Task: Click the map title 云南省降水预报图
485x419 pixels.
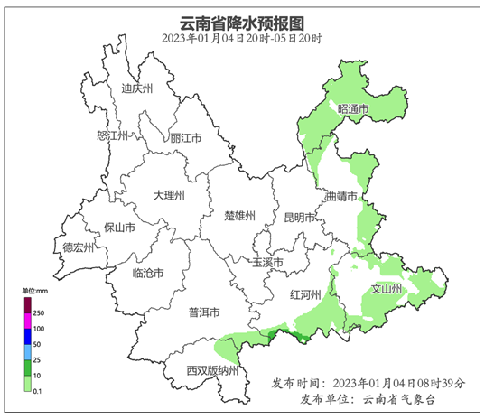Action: (242, 23)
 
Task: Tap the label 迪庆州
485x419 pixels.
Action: (137, 88)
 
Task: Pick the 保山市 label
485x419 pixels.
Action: (119, 228)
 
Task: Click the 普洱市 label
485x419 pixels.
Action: (204, 312)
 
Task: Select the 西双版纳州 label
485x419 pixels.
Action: (212, 370)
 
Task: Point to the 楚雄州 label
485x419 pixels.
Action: (240, 216)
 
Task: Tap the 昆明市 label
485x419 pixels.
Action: (299, 218)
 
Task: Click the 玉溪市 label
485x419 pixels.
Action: (267, 262)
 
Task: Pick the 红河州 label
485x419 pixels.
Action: (306, 294)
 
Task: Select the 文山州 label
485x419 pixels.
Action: (387, 289)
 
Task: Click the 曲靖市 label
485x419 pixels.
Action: (342, 196)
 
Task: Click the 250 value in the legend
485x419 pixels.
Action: (39, 312)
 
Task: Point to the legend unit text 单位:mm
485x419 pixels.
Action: (35, 291)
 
